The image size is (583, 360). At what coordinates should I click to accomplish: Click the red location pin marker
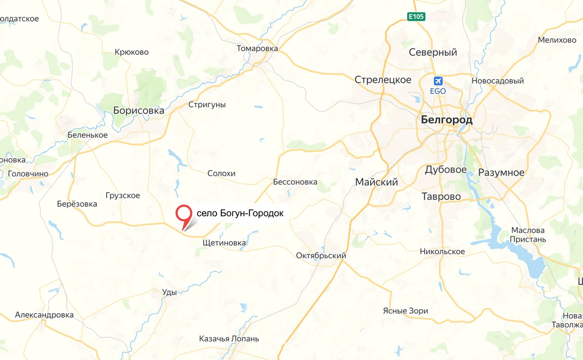[x=184, y=214]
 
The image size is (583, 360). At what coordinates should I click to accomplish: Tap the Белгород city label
[x=447, y=120]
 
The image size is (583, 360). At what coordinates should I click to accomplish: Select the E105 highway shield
[x=416, y=17]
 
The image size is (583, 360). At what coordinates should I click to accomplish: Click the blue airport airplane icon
[x=437, y=81]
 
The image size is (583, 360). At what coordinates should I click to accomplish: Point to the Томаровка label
[x=257, y=48]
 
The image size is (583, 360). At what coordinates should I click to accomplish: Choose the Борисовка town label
[x=138, y=111]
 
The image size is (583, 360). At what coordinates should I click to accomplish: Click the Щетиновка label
[x=224, y=243]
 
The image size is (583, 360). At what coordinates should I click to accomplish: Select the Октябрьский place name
[x=321, y=256]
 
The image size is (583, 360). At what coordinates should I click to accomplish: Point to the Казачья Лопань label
[x=229, y=339]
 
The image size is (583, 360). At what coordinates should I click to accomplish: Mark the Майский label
[x=376, y=182]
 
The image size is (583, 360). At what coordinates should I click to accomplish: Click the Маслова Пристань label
[x=528, y=235]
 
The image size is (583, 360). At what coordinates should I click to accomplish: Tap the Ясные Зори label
[x=406, y=311]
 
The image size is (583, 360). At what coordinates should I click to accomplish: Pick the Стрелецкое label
[x=383, y=80]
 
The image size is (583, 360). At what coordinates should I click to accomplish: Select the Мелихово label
[x=557, y=40]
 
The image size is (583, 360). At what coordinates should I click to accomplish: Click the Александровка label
[x=44, y=315]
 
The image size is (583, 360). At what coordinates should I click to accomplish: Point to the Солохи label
[x=221, y=173]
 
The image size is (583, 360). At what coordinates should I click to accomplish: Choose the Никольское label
[x=442, y=251]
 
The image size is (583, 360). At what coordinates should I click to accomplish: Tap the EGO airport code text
[x=438, y=91]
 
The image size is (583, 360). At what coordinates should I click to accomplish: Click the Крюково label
[x=131, y=52]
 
